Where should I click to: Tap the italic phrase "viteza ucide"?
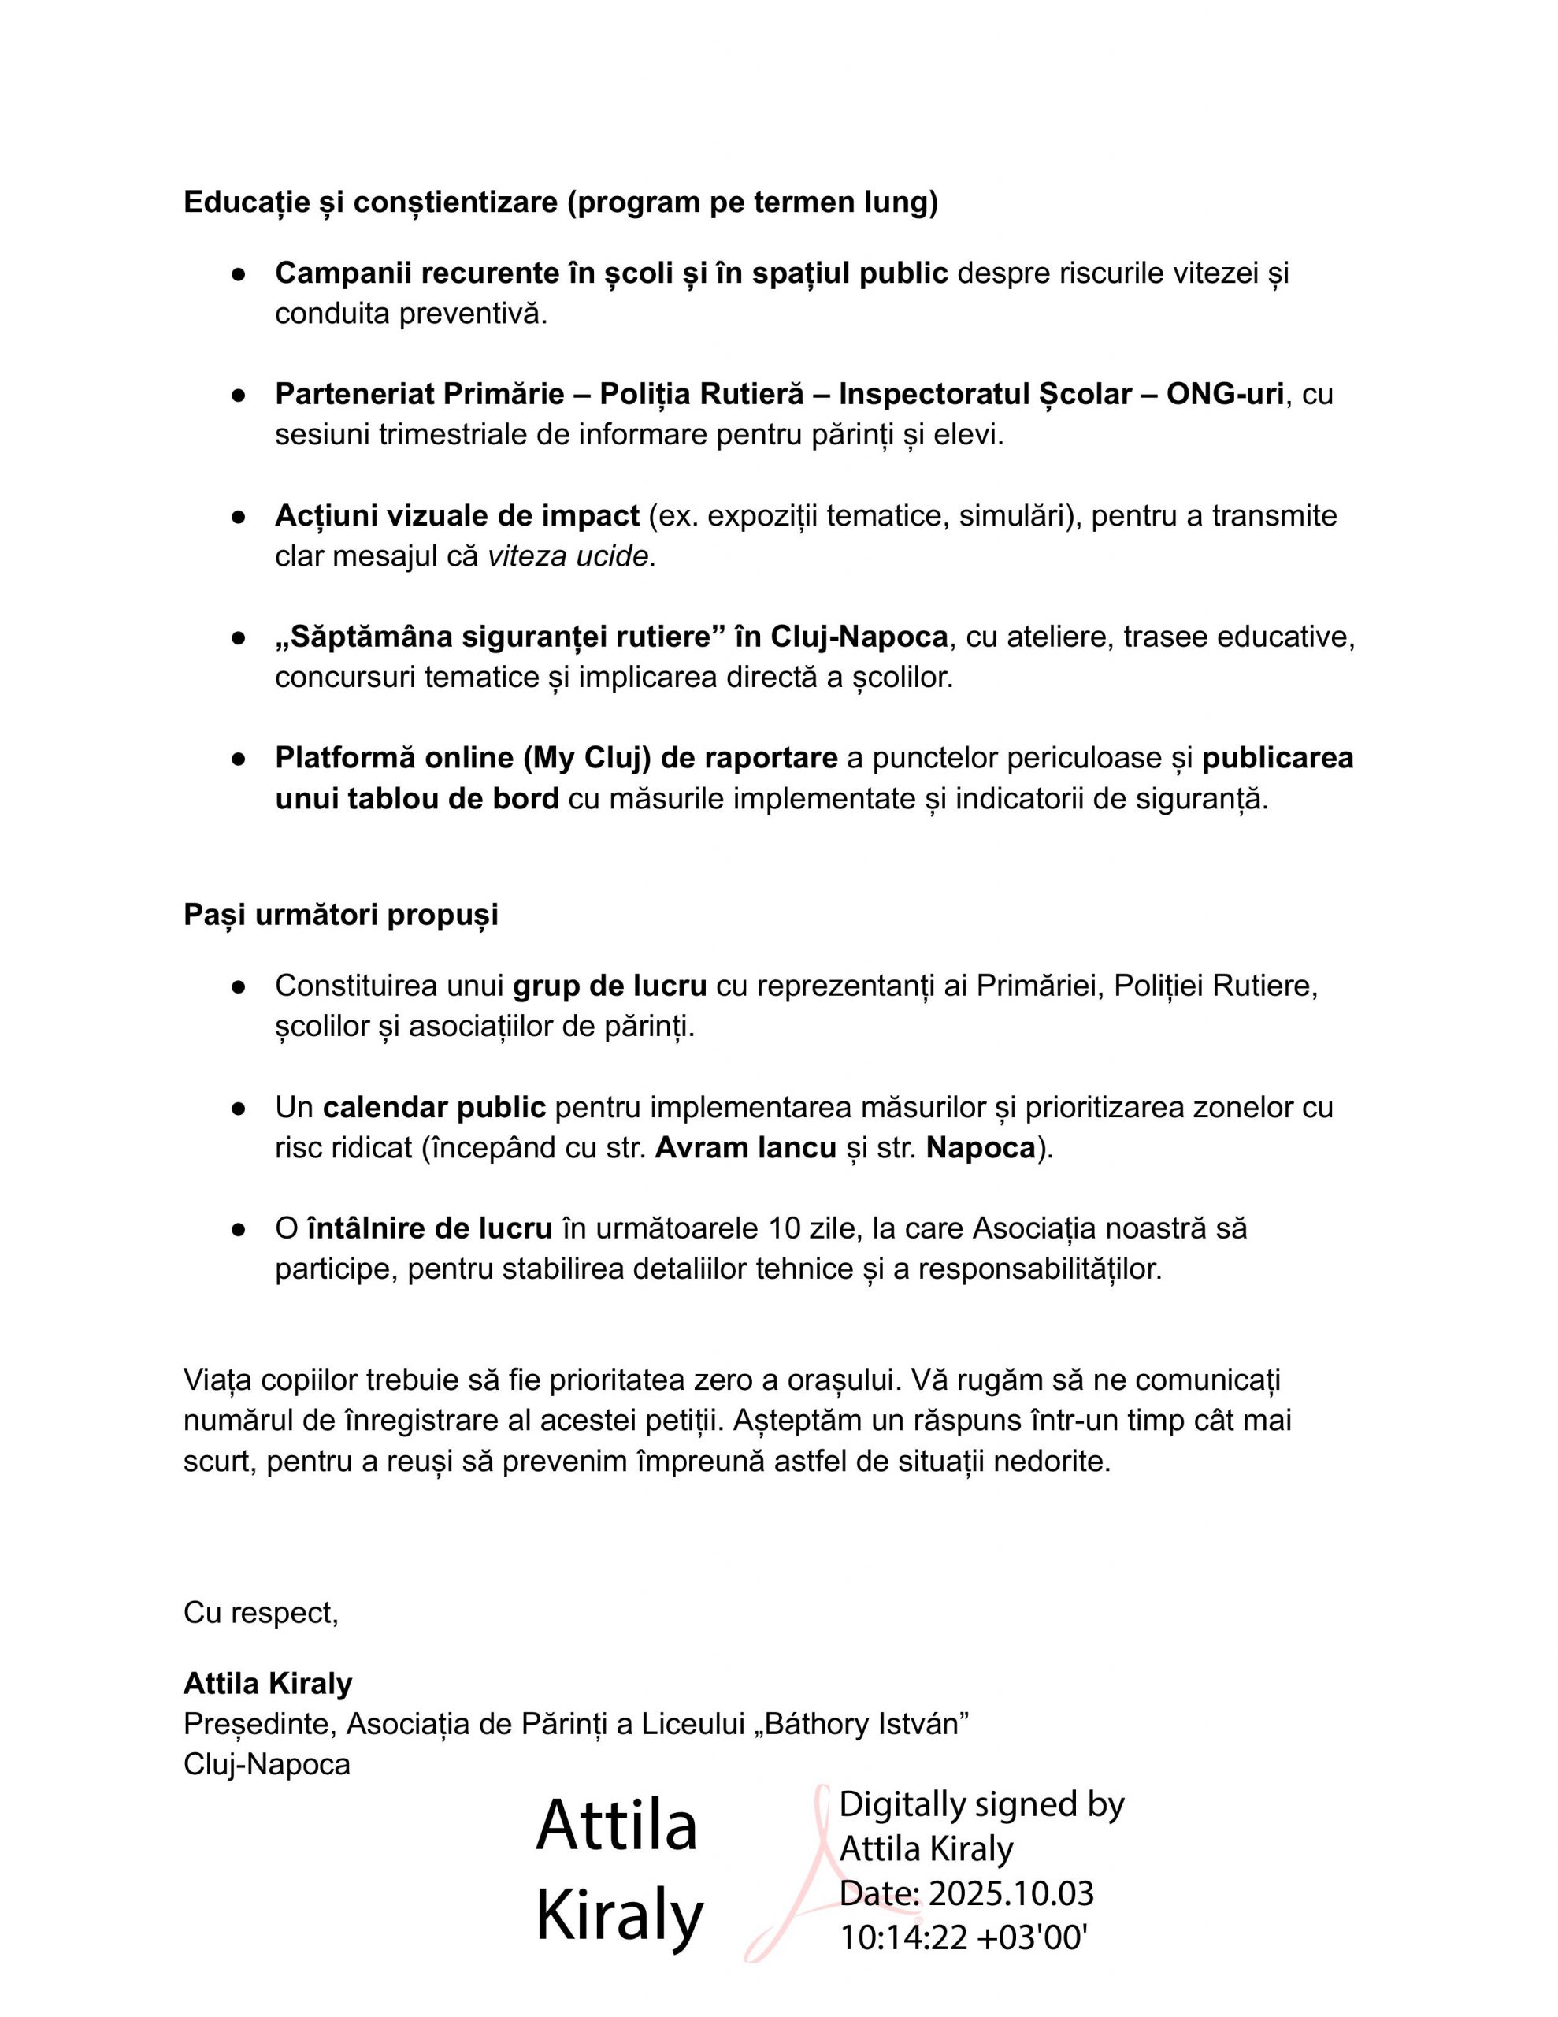point(568,557)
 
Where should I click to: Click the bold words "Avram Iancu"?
point(745,1147)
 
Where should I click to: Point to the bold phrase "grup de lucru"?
point(610,986)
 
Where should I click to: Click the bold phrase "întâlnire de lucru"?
point(429,1228)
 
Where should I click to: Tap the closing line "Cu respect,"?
point(262,1613)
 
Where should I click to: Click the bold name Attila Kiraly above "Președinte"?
point(268,1684)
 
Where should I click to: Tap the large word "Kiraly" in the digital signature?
point(619,1916)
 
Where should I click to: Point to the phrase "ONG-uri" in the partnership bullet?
point(1225,395)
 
